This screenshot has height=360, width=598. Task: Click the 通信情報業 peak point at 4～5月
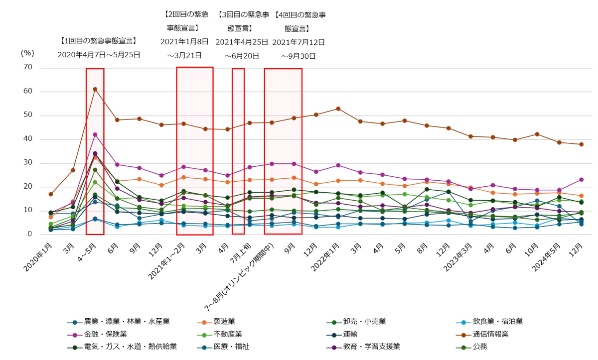point(95,89)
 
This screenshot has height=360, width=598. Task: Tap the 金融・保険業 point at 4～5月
point(95,134)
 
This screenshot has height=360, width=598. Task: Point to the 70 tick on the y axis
point(27,67)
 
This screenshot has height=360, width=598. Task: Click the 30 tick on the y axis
point(27,163)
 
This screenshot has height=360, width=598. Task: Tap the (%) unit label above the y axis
point(27,52)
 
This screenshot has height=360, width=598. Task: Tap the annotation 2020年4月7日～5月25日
point(99,55)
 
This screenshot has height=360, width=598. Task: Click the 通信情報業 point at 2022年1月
point(338,109)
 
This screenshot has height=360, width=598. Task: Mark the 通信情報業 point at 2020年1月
point(51,194)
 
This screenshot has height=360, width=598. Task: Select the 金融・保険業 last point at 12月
point(581,179)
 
